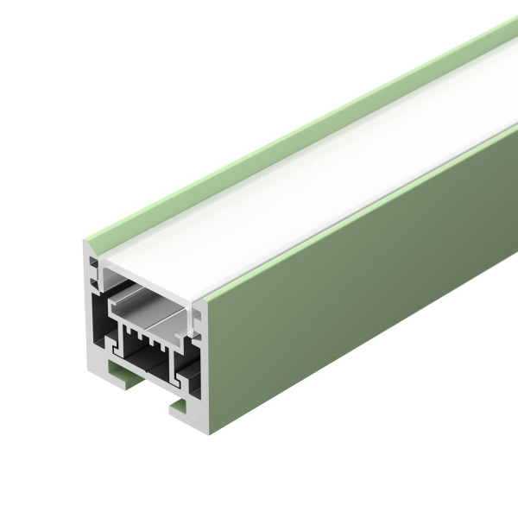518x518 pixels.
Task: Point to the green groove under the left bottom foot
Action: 117,372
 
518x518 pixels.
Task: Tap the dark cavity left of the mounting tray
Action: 99,311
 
